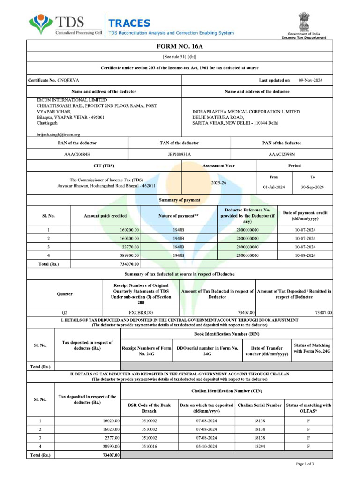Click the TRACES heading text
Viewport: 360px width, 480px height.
pyautogui.click(x=129, y=23)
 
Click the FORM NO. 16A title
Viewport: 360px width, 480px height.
pyautogui.click(x=180, y=46)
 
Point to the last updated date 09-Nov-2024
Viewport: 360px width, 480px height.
pyautogui.click(x=310, y=80)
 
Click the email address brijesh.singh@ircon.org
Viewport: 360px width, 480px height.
pyautogui.click(x=59, y=134)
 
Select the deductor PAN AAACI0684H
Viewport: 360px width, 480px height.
pyautogui.click(x=77, y=154)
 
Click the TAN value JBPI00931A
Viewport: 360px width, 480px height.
pyautogui.click(x=180, y=154)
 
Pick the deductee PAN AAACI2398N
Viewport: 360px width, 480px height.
pyautogui.click(x=282, y=154)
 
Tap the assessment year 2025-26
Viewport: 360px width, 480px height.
pyautogui.click(x=218, y=183)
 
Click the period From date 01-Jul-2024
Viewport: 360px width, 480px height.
pyautogui.click(x=274, y=187)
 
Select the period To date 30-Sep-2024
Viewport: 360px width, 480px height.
pyautogui.click(x=312, y=187)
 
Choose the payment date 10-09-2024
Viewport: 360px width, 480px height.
pyautogui.click(x=305, y=255)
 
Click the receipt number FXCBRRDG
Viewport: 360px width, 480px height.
pyautogui.click(x=141, y=312)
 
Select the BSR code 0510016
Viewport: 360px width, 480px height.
pyautogui.click(x=149, y=446)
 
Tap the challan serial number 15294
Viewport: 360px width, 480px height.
pyautogui.click(x=259, y=446)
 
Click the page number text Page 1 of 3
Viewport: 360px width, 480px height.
pyautogui.click(x=305, y=464)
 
